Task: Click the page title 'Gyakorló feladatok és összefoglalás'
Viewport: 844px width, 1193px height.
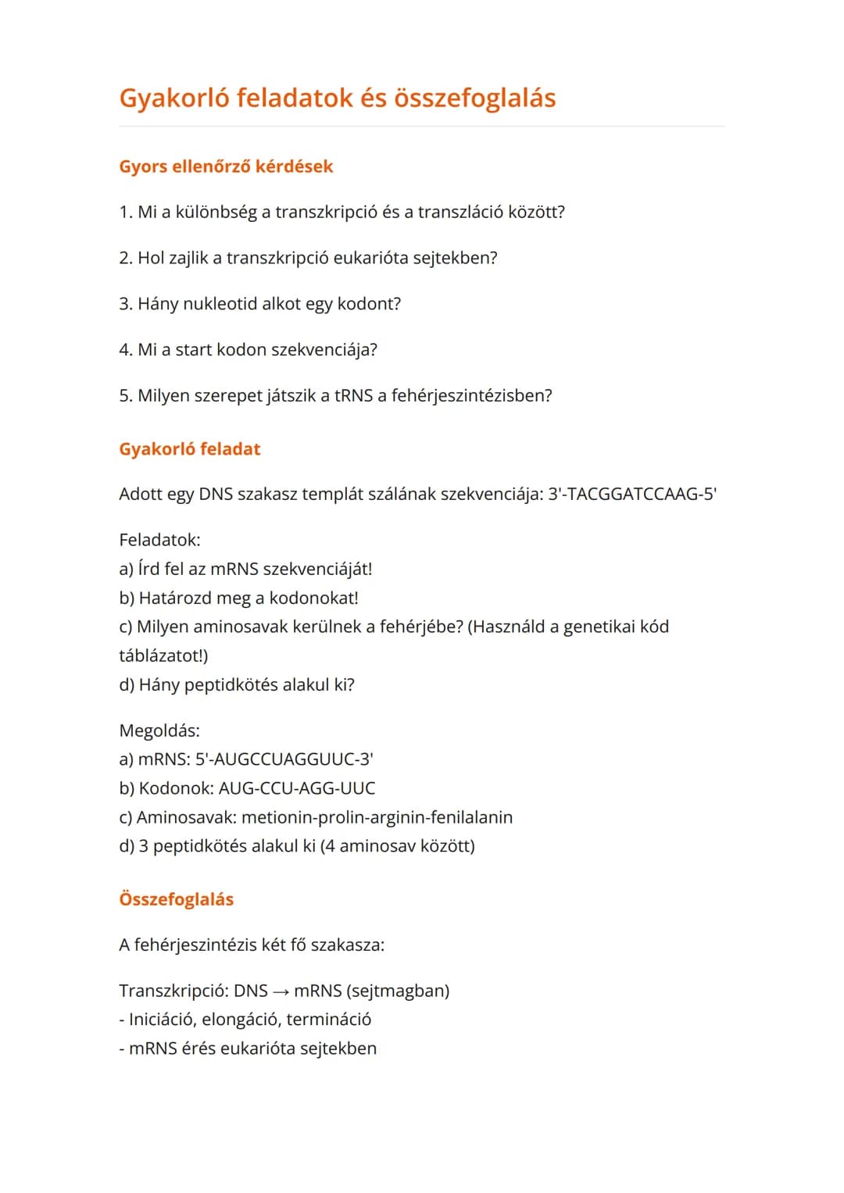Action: pyautogui.click(x=337, y=98)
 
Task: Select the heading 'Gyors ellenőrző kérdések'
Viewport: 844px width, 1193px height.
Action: pyautogui.click(x=226, y=166)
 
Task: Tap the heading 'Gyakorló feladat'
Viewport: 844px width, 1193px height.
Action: pyautogui.click(x=189, y=449)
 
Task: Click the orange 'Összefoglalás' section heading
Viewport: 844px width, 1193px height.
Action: pyautogui.click(x=176, y=899)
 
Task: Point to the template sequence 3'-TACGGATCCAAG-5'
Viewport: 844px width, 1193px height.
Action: pyautogui.click(x=632, y=494)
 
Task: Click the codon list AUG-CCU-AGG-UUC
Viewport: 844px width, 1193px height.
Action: pyautogui.click(x=297, y=788)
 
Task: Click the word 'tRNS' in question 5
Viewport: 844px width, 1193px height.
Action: pyautogui.click(x=353, y=396)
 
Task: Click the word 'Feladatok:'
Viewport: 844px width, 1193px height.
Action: pyautogui.click(x=159, y=540)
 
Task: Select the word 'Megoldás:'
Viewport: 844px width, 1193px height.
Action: pyautogui.click(x=159, y=730)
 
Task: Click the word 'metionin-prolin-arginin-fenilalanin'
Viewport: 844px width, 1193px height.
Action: pyautogui.click(x=377, y=817)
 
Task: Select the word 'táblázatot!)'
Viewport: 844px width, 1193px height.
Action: pyautogui.click(x=163, y=655)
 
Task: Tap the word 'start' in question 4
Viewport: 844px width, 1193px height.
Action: pyautogui.click(x=193, y=350)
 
